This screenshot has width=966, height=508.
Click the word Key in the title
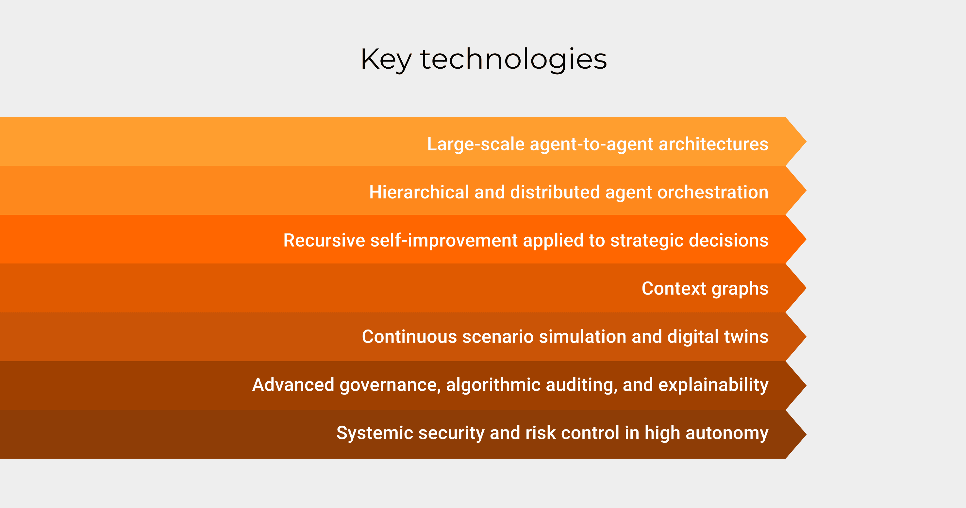point(386,59)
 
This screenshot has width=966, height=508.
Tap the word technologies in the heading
point(513,59)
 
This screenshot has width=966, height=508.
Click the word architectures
point(713,144)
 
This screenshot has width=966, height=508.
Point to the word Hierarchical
point(419,192)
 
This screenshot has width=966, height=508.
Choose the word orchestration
point(713,193)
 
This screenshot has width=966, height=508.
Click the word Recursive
point(324,240)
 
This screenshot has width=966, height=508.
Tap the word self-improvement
point(444,241)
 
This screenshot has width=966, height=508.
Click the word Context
point(674,289)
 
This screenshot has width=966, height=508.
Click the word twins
point(746,336)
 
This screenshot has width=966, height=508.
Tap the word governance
point(390,385)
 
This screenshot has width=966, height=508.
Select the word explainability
point(713,385)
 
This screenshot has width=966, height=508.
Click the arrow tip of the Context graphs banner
point(806,288)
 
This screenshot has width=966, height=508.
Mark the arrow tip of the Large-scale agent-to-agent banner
point(806,142)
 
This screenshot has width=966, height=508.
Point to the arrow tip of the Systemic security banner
point(806,434)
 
